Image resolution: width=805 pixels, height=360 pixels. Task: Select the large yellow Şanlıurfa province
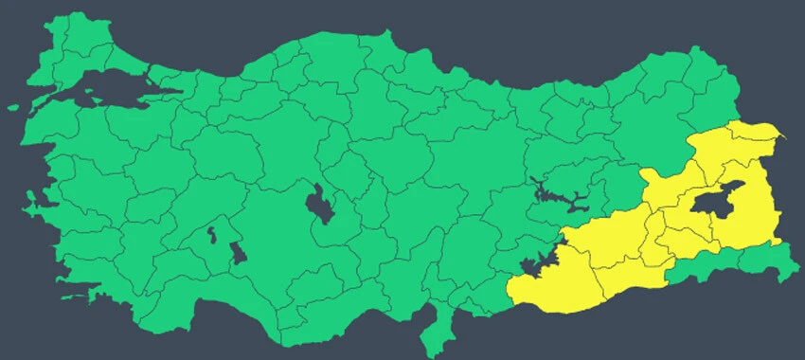tap(559, 279)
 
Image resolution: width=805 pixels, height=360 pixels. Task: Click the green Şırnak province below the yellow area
tap(710, 265)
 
